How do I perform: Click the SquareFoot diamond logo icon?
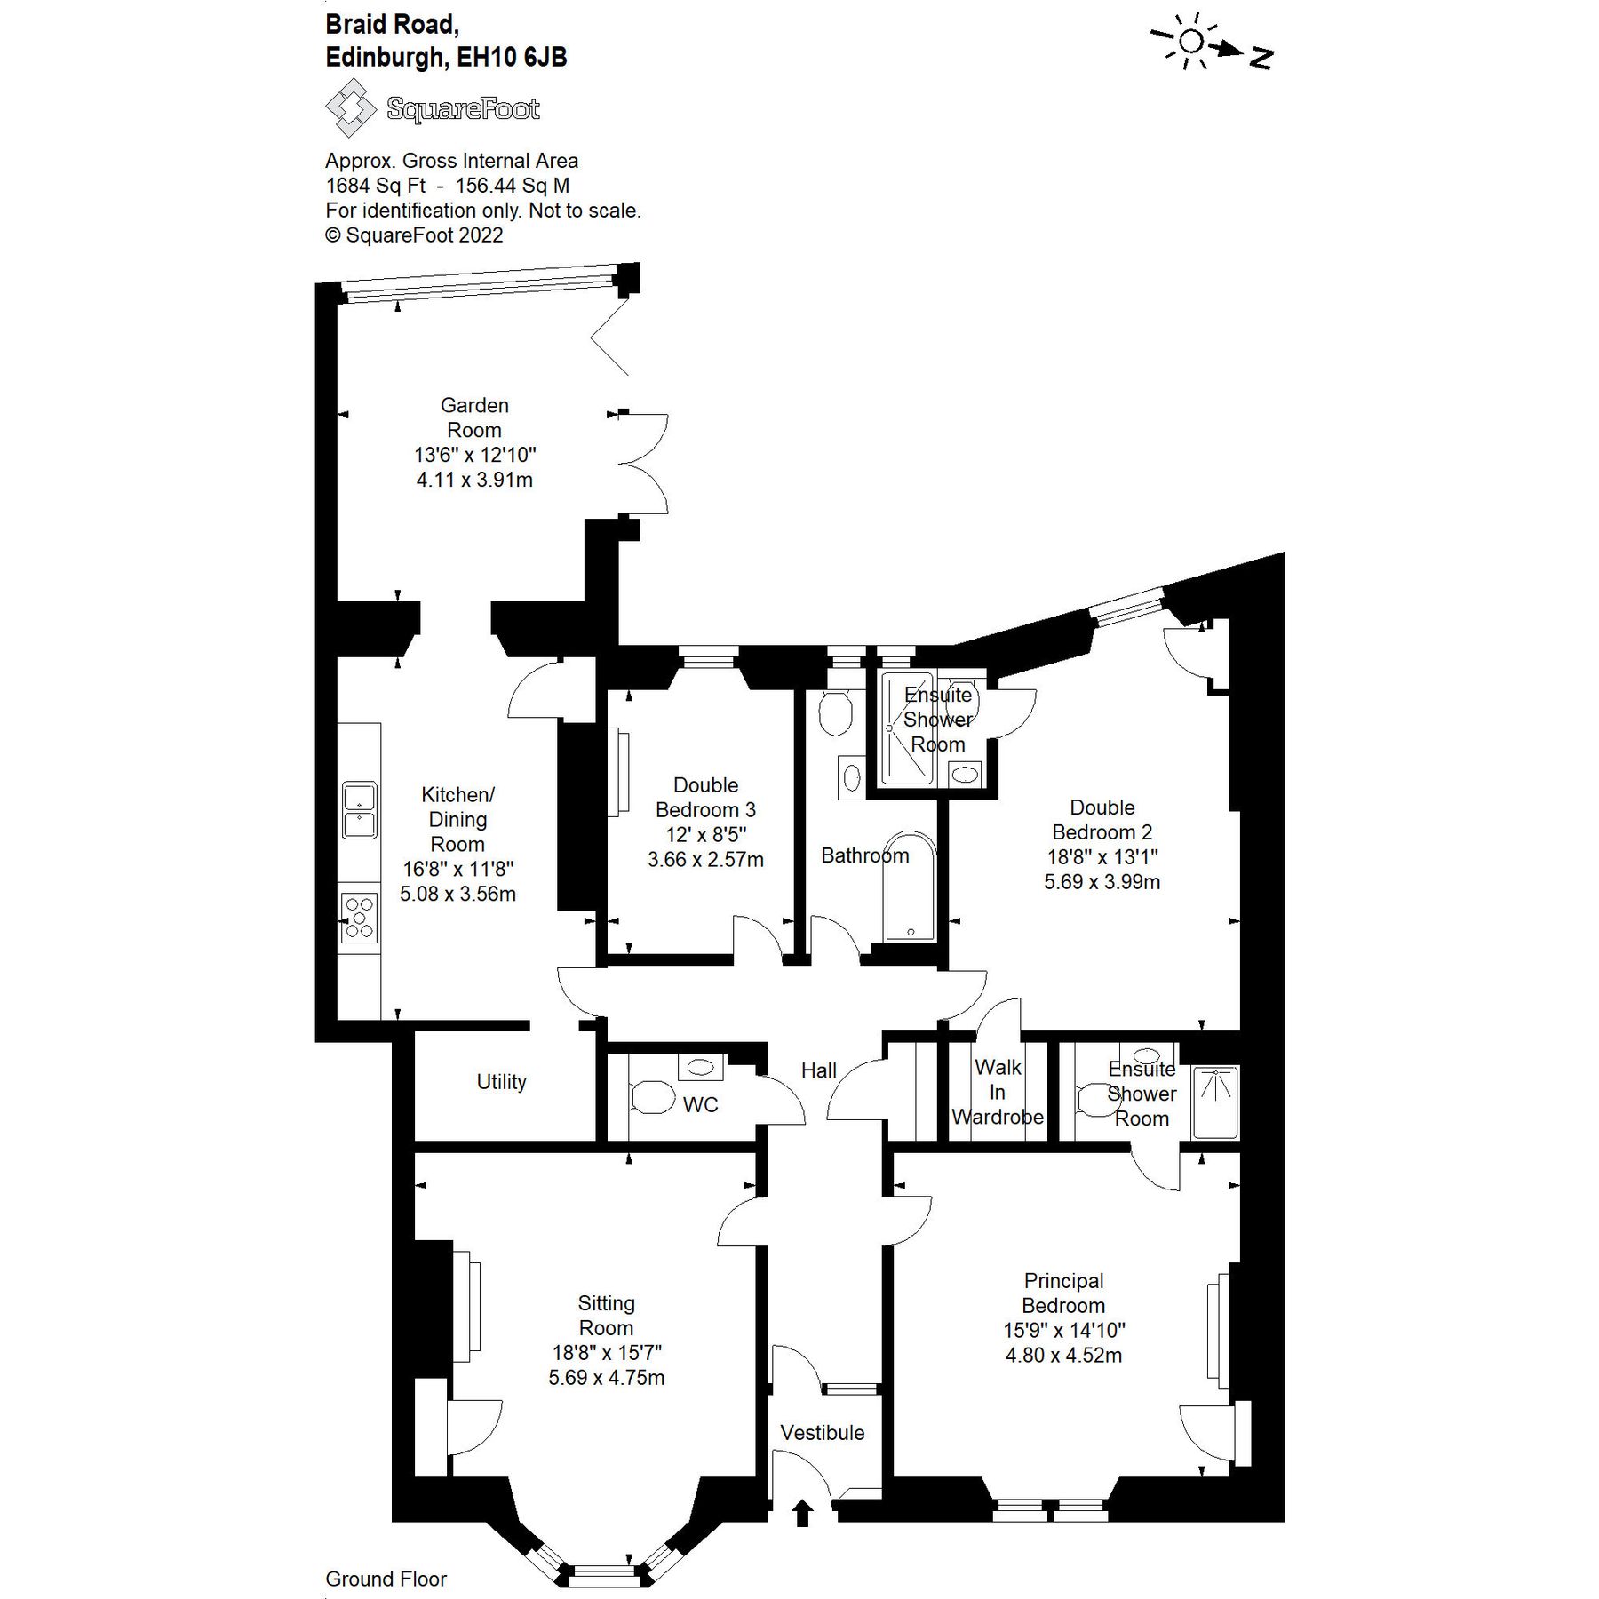[x=351, y=108]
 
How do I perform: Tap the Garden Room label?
[x=474, y=418]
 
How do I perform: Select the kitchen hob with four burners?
[x=360, y=919]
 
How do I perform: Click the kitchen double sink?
[x=360, y=809]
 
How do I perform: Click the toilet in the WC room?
[x=653, y=1097]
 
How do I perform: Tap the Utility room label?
[x=501, y=1082]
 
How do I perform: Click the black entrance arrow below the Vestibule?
[x=802, y=1513]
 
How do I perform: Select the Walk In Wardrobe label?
[x=998, y=1093]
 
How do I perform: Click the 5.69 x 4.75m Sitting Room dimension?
[x=606, y=1378]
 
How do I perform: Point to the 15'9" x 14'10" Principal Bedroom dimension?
[x=1064, y=1331]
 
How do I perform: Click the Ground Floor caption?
[x=386, y=1579]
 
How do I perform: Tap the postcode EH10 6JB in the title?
[x=512, y=58]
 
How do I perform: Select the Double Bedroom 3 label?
[x=705, y=798]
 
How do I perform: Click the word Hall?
[x=818, y=1070]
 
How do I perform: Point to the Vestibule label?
[x=822, y=1433]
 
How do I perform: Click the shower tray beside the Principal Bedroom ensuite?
[x=1214, y=1102]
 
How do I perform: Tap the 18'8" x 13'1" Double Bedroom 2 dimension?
[x=1102, y=857]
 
